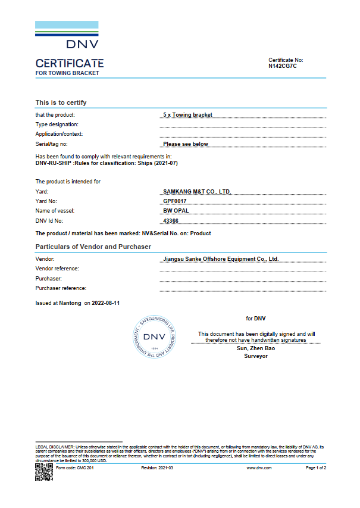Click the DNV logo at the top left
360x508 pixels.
tap(67, 36)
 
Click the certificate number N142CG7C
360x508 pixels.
tap(282, 66)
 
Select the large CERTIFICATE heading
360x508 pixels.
tap(70, 63)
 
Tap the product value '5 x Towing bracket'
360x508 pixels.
tap(187, 114)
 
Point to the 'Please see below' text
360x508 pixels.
tap(186, 144)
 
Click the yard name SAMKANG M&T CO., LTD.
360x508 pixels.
tap(196, 192)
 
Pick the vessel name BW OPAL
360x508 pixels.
tap(175, 211)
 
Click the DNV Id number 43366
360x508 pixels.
tap(171, 221)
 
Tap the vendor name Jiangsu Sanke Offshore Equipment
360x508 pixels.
tap(220, 259)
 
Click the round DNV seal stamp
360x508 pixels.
tap(154, 336)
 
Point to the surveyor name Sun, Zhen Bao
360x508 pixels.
tap(256, 348)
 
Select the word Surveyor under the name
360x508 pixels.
tap(256, 356)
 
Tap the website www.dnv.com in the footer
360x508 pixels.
tap(259, 468)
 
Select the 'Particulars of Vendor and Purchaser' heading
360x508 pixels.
tap(93, 247)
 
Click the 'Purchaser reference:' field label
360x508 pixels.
tap(61, 288)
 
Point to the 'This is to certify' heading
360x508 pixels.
tap(61, 102)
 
